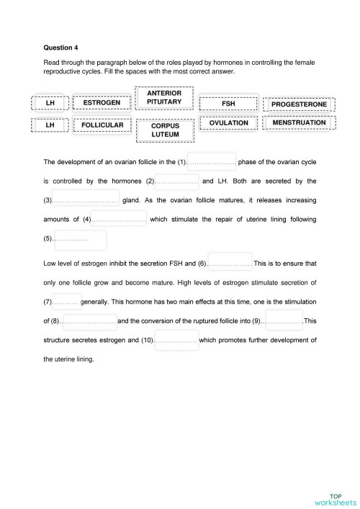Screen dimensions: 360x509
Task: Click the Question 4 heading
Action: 60,48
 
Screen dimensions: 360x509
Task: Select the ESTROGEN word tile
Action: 102,103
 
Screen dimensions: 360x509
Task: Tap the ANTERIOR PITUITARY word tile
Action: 164,98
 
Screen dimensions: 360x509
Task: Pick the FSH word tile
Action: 228,104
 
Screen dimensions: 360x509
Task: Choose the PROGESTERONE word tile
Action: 299,104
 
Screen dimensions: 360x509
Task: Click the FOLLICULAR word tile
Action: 102,125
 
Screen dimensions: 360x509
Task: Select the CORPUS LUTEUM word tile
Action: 165,130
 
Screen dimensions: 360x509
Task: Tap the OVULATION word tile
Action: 228,123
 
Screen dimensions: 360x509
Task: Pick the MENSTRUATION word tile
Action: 299,123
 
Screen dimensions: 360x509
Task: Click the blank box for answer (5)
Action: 90,239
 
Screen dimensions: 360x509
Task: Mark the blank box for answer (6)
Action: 230,262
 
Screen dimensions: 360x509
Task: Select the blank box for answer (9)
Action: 282,320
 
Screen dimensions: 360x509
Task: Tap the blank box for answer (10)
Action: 176,339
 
